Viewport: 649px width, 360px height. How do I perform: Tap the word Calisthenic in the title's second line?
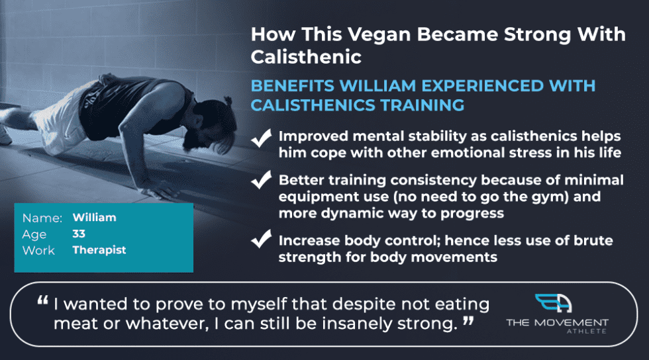click(306, 56)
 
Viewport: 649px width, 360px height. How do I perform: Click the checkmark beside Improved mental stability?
click(262, 138)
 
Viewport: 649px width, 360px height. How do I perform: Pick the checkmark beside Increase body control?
click(262, 240)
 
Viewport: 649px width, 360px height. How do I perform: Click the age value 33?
click(79, 234)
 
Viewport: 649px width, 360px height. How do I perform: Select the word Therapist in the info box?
click(99, 250)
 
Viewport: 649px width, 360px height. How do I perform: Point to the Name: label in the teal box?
click(42, 218)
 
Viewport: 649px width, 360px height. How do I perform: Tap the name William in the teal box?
click(94, 218)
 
